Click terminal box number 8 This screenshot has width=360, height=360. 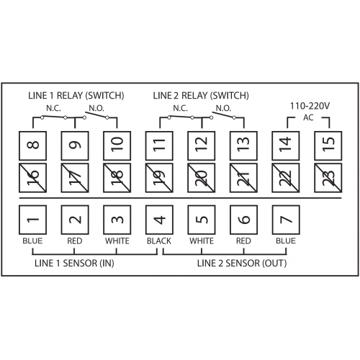click(32, 145)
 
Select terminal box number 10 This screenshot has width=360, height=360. click(117, 145)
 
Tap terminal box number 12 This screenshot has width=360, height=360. click(202, 145)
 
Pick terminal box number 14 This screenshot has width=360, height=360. click(286, 145)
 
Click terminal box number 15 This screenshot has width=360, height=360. click(328, 145)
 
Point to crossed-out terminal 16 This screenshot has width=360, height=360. click(32, 178)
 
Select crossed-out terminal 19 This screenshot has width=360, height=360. click(159, 178)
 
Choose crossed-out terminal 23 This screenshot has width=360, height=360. click(328, 178)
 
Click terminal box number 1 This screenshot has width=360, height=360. click(32, 220)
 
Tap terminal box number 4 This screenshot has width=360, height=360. click(159, 220)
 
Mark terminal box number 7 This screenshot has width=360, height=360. click(286, 220)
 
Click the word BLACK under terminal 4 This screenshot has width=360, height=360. click(159, 240)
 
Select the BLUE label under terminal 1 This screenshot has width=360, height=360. click(32, 240)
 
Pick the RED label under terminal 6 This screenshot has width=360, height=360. click(243, 240)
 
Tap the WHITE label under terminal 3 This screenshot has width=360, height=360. click(117, 240)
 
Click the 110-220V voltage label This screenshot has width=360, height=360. click(310, 106)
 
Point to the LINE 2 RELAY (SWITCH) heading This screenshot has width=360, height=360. click(201, 96)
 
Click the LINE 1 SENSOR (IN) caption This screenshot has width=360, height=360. click(74, 264)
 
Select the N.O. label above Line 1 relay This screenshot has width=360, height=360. click(96, 109)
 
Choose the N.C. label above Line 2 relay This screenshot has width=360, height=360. click(181, 109)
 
